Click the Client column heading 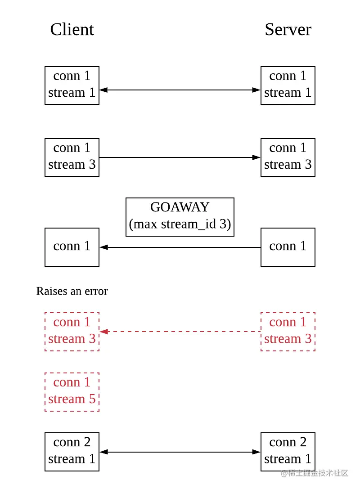[x=72, y=30]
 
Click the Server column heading [x=288, y=30]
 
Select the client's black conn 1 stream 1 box [x=72, y=85]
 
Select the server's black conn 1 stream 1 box [x=288, y=85]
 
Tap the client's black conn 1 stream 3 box [x=72, y=157]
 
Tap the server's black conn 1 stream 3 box [x=288, y=157]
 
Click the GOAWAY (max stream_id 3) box [x=180, y=216]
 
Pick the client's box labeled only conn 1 [x=72, y=247]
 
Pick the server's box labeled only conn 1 [x=288, y=247]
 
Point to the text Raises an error [x=72, y=291]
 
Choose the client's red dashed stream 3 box [x=72, y=331]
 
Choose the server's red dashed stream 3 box [x=288, y=331]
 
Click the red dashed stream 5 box [x=72, y=391]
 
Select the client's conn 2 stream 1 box [x=72, y=451]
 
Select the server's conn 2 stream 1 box [x=288, y=451]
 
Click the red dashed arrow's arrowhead [x=103, y=332]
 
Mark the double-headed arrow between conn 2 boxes [x=180, y=452]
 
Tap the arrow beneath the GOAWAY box [x=180, y=247]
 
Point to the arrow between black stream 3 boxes [x=180, y=157]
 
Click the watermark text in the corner [x=315, y=473]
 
